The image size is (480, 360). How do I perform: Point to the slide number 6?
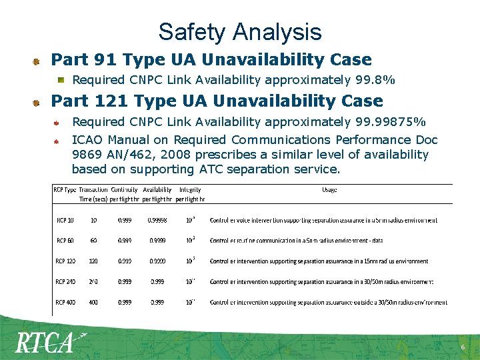(463, 348)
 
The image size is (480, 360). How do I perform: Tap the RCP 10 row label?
(65, 220)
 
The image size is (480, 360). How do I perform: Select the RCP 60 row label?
(65, 241)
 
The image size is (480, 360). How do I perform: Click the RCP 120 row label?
(65, 261)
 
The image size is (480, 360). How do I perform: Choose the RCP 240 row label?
(65, 282)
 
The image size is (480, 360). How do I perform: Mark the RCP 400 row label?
(65, 303)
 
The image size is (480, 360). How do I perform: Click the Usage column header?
(329, 190)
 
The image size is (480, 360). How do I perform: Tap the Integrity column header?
(190, 190)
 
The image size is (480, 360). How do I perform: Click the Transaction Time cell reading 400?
(93, 303)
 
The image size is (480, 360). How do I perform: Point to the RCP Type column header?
(65, 190)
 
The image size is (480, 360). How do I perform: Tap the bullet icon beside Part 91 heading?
(37, 61)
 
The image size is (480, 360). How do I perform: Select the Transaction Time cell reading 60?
(93, 241)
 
